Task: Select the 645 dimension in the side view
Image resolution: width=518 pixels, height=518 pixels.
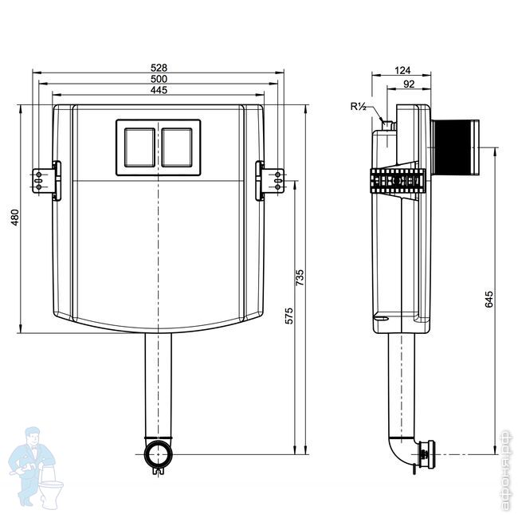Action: point(489,299)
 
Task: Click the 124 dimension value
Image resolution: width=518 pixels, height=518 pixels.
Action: point(402,70)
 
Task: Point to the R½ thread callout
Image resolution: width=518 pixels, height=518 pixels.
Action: point(357,106)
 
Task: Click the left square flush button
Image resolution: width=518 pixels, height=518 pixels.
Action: point(139,146)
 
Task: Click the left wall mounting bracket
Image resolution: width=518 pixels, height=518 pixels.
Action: point(38,179)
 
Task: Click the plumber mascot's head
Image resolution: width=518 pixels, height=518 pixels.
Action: point(34,437)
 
